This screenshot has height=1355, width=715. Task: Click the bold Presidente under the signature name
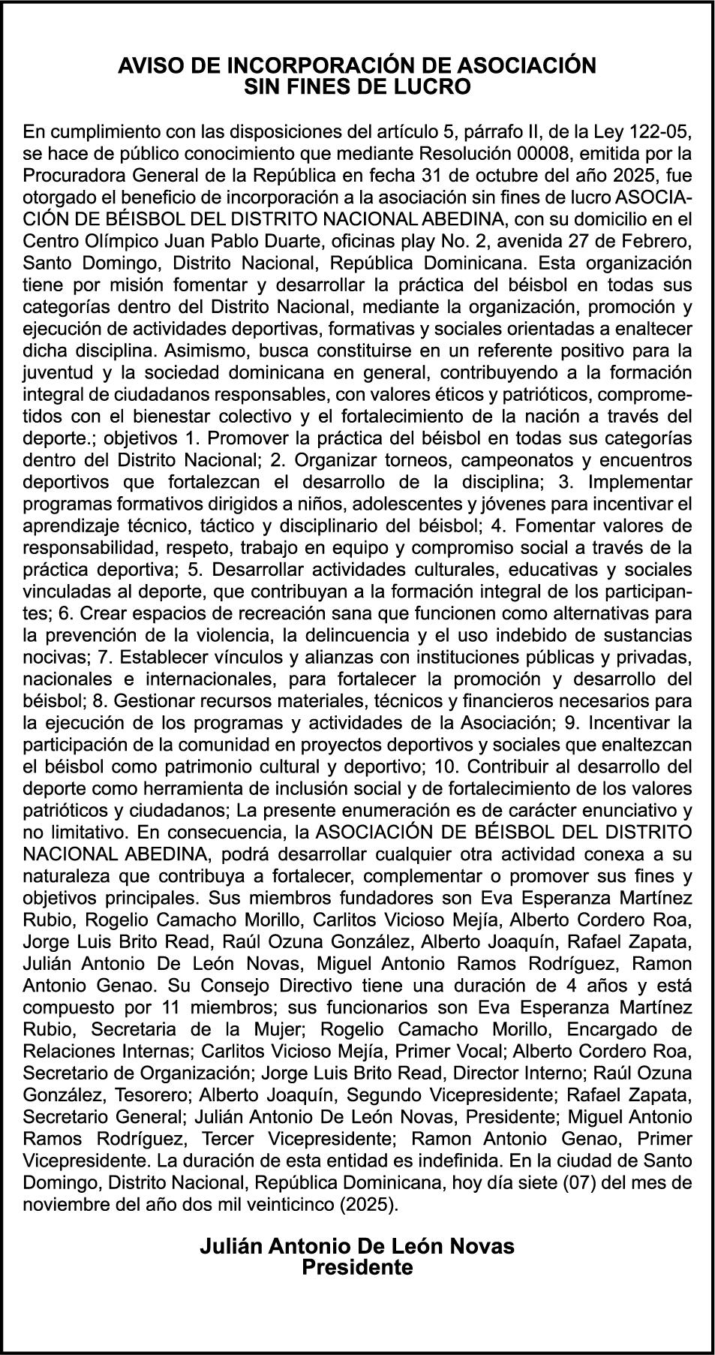coord(357,1267)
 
